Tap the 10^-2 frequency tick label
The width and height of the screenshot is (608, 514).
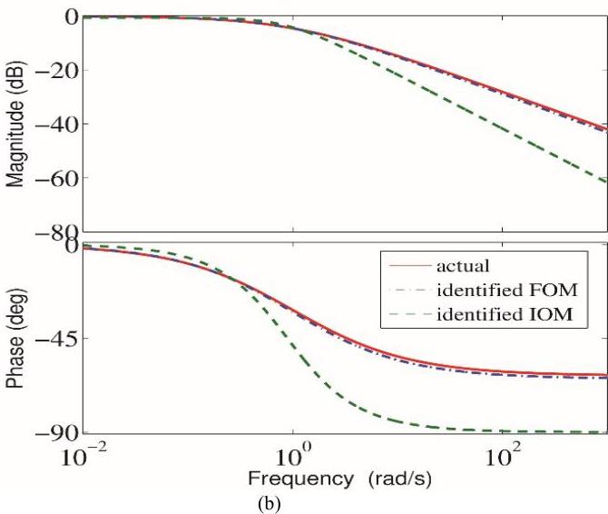click(83, 453)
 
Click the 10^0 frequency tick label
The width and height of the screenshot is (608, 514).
click(293, 453)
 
